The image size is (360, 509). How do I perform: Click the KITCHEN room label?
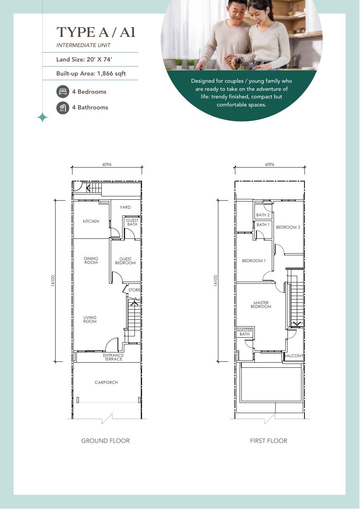91,221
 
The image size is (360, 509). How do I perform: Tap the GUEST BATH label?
132,222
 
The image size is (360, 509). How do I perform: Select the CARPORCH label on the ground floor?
106,383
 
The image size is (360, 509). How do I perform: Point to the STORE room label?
134,290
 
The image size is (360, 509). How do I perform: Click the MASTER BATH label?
244,332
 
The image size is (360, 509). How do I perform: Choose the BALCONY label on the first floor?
294,355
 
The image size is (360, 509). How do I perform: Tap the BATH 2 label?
263,215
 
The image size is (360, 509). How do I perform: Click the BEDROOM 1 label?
254,260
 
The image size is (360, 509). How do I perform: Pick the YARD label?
125,207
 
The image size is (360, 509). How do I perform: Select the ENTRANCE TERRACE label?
113,357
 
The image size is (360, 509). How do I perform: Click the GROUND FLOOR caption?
106,441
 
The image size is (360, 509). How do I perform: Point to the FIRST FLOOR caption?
268,441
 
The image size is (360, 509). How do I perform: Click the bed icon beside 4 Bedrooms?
63,92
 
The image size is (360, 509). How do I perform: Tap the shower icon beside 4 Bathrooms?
63,107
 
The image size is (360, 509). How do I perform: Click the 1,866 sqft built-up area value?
111,74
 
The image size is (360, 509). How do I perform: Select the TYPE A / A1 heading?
96,32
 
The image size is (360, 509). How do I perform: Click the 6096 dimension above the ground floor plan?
107,164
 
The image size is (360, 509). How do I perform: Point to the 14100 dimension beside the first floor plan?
216,281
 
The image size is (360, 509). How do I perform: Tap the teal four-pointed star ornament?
42,117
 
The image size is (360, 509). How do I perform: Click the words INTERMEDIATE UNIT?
84,45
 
